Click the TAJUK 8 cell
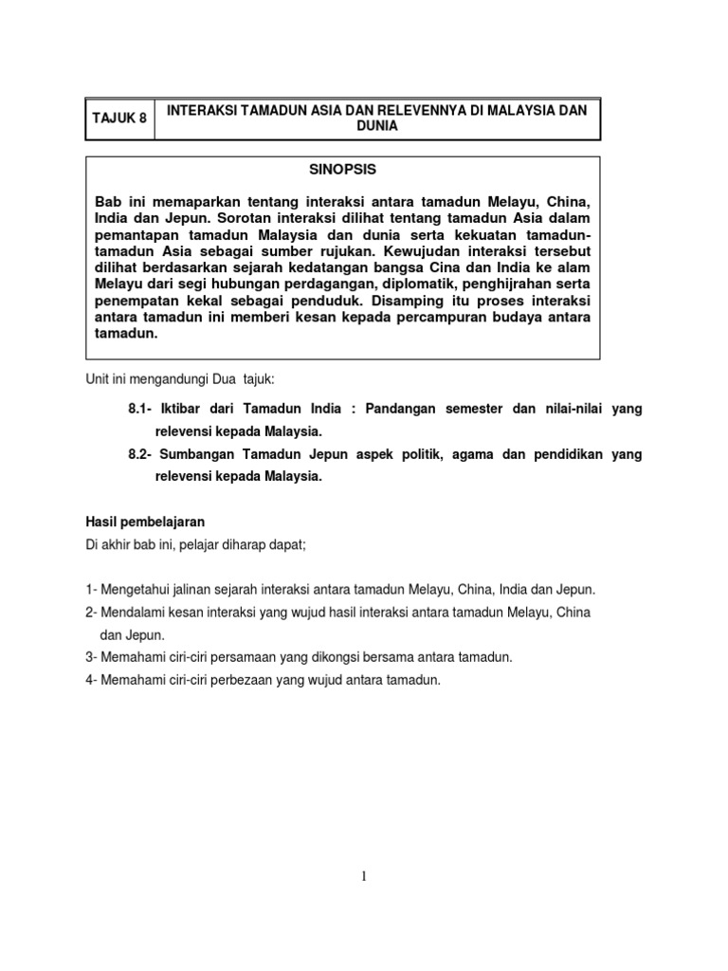pos(119,119)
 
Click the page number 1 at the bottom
pos(363,877)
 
